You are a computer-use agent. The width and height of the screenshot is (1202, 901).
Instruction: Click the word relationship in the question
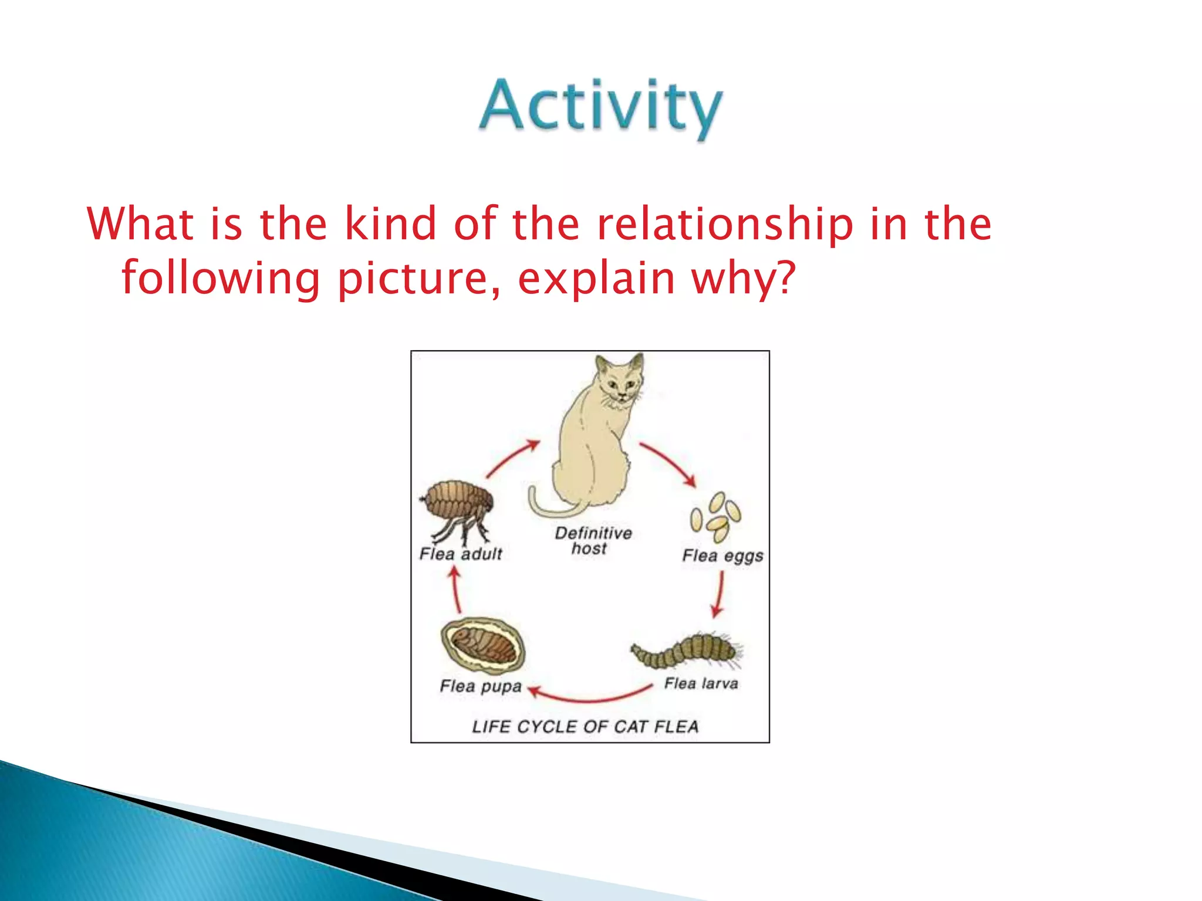click(x=724, y=225)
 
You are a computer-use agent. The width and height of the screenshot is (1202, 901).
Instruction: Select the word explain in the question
click(x=596, y=279)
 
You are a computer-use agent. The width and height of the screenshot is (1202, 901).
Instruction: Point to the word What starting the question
click(x=140, y=224)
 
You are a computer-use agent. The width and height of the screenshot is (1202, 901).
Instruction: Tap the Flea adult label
click(x=461, y=554)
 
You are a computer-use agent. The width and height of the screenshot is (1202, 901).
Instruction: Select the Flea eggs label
click(x=722, y=556)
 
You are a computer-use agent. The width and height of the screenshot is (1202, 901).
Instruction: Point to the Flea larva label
click(x=701, y=683)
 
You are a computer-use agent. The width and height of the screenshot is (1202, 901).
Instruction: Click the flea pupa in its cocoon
click(x=483, y=646)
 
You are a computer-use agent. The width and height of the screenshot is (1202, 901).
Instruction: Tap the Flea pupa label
click(x=481, y=686)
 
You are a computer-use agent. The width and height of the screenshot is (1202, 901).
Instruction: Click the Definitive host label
click(x=593, y=541)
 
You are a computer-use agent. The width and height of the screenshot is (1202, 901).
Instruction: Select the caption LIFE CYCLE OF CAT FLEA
click(x=585, y=727)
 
